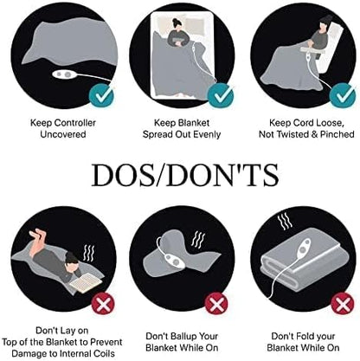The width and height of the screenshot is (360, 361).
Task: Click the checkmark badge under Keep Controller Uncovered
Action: pyautogui.click(x=101, y=95)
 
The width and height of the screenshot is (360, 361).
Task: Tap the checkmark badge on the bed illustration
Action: pyautogui.click(x=221, y=95)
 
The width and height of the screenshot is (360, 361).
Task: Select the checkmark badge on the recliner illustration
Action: pyautogui.click(x=343, y=95)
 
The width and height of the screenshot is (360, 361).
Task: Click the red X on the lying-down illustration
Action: pyautogui.click(x=103, y=304)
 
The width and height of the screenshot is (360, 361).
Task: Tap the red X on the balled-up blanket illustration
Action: pyautogui.click(x=216, y=303)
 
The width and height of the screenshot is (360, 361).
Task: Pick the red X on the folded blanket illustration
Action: pyautogui.click(x=343, y=304)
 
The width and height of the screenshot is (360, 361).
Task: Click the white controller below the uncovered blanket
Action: pyautogui.click(x=65, y=74)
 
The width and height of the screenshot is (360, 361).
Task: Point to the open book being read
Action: pyautogui.click(x=86, y=282)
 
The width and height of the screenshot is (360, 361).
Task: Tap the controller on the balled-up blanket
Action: pyautogui.click(x=174, y=260)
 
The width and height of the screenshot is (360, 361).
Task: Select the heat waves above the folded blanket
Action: pyautogui.click(x=285, y=222)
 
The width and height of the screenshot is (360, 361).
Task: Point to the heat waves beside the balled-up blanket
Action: pyautogui.click(x=198, y=239)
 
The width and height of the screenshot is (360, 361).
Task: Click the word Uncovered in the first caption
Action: pyautogui.click(x=63, y=134)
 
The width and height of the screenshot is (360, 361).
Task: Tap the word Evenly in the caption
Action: pyautogui.click(x=207, y=134)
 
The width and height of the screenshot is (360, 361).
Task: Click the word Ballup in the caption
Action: pyautogui.click(x=182, y=337)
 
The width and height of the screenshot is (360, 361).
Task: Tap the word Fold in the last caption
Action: pyautogui.click(x=303, y=337)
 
